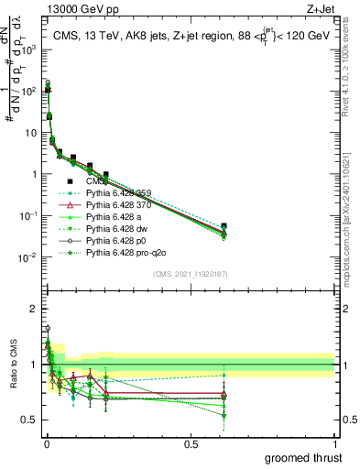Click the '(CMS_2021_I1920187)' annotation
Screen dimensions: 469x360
[190, 273]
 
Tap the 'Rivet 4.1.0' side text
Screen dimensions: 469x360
[349, 73]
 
